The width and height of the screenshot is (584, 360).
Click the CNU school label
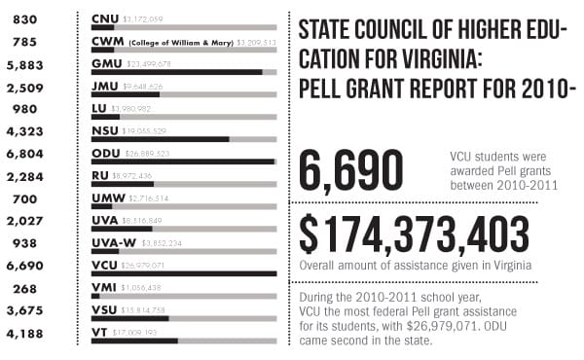(x=105, y=18)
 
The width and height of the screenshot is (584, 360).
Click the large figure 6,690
(x=350, y=170)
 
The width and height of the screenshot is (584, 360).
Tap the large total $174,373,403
(x=415, y=234)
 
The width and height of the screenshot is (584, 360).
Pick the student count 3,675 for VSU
(x=24, y=311)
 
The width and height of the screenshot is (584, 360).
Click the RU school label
(x=98, y=176)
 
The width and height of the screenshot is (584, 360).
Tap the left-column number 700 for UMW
(x=24, y=198)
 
